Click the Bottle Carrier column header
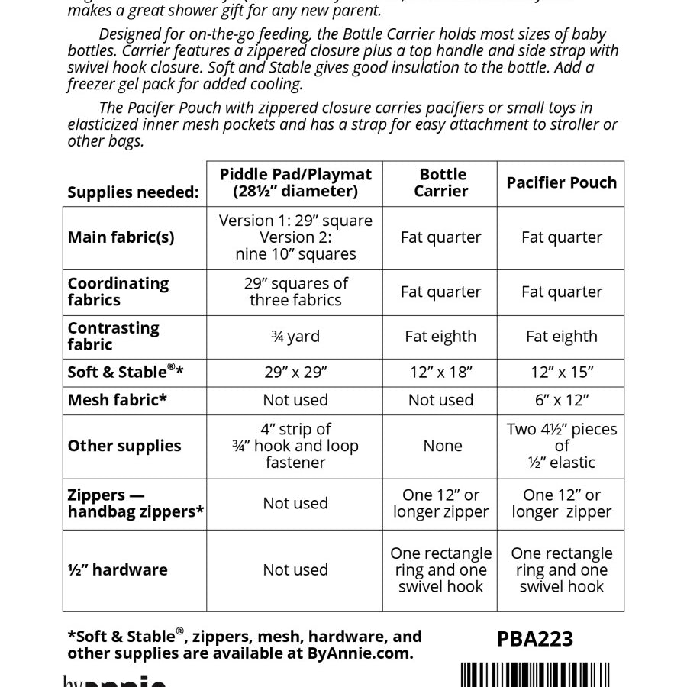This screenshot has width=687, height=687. pos(440,182)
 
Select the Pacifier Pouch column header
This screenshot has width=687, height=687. pos(561,182)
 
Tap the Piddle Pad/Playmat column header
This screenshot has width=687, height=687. pos(295,182)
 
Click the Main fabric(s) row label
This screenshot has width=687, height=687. pos(121,237)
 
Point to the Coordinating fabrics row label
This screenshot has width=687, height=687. pos(118,292)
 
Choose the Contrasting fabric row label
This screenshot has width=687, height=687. pos(113,336)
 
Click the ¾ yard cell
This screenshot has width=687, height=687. pos(295,337)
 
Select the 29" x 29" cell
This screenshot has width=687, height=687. pos(295,373)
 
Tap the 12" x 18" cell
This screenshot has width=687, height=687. pos(440,373)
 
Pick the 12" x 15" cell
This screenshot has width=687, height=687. pos(561,373)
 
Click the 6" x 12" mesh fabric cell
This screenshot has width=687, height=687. pos(561,400)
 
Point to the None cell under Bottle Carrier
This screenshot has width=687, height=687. pos(442,446)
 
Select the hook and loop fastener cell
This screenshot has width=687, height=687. pos(295,446)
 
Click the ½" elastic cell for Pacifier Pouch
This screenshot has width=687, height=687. pos(561,446)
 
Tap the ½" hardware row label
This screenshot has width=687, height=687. pos(117,569)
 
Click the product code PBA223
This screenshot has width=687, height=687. pos(534,638)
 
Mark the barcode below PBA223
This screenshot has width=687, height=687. pos(536,675)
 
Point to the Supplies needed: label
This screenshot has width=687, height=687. pos(133,192)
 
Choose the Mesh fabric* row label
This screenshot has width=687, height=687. pos(117,400)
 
